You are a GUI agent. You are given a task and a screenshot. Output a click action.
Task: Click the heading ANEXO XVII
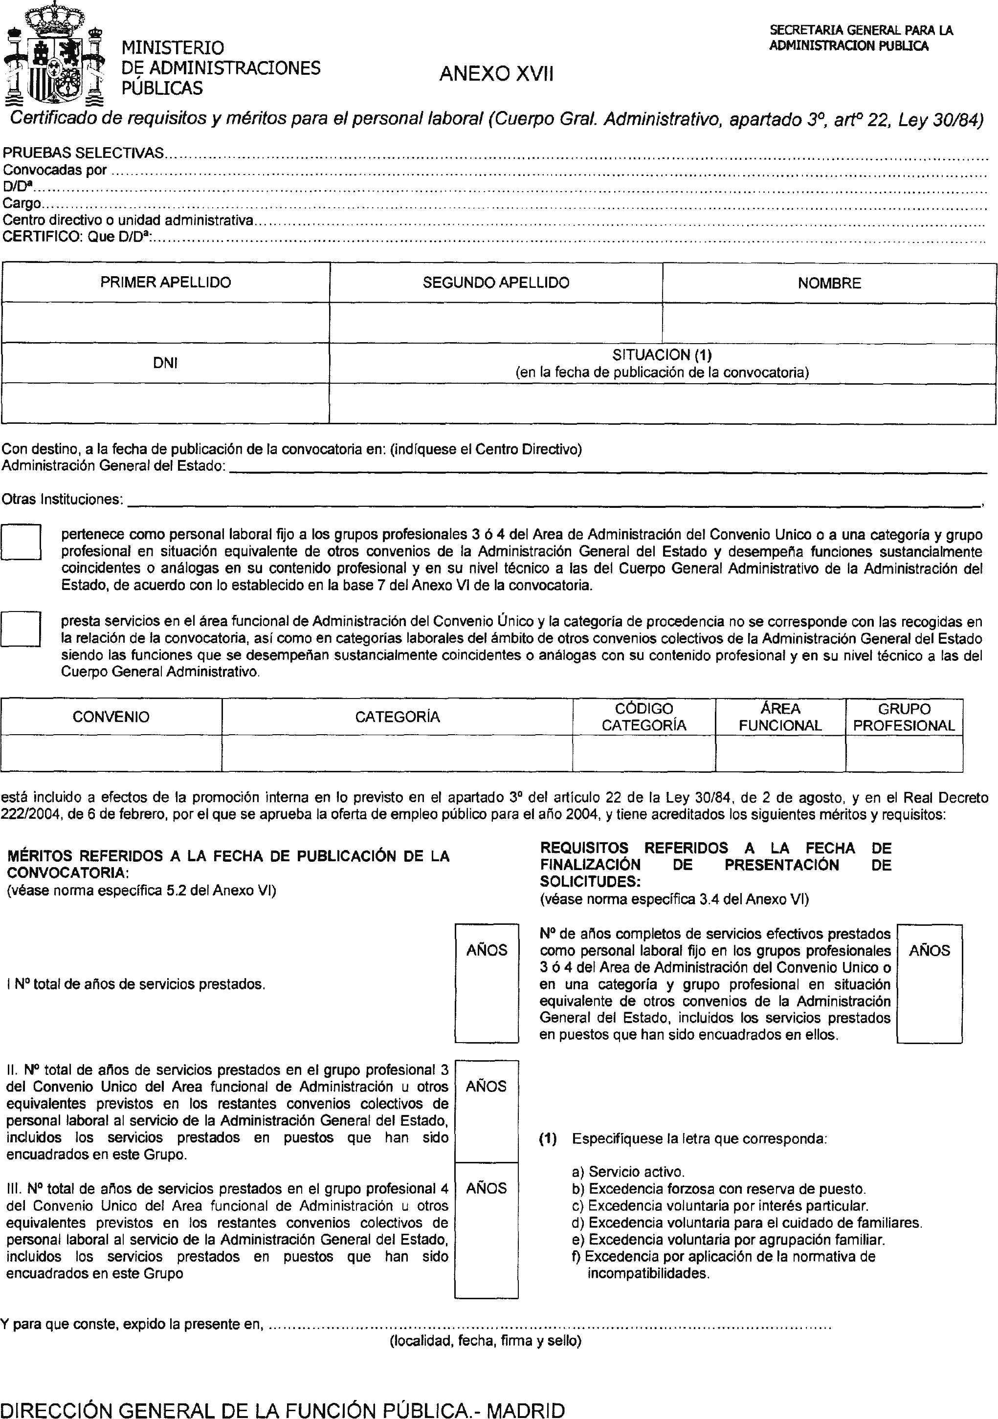tap(496, 74)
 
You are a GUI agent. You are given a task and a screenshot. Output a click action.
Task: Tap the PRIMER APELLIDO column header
tap(165, 283)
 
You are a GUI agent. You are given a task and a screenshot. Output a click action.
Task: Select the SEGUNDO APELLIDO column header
tap(495, 283)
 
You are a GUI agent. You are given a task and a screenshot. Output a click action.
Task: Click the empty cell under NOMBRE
tap(829, 323)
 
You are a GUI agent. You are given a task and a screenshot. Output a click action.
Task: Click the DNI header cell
tap(165, 363)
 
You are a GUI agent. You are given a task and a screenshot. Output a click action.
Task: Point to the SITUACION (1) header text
tap(662, 355)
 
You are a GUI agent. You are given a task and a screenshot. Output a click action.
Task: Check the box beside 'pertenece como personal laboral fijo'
tap(21, 542)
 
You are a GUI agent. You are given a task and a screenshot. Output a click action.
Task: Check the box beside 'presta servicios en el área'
tap(21, 629)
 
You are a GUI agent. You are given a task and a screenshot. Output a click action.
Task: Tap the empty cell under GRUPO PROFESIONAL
tap(904, 753)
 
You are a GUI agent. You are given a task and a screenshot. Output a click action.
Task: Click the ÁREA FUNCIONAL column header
tap(780, 717)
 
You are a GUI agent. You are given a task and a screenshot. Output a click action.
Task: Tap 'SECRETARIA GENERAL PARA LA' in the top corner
tap(861, 30)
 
